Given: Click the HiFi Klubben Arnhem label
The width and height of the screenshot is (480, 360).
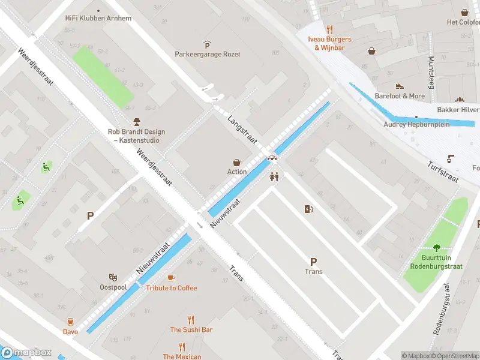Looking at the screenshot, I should (98, 18).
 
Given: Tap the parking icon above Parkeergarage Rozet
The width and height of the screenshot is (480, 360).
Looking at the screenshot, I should (207, 44).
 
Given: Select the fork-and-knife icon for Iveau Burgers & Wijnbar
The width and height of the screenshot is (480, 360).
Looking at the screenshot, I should (329, 29).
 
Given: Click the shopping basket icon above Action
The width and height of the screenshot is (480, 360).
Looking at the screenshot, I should (237, 162).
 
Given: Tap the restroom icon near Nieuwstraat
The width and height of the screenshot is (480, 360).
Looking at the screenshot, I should (275, 176).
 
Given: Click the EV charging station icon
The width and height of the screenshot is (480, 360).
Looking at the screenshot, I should (309, 209).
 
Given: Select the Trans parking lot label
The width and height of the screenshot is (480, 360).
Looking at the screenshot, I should (313, 271).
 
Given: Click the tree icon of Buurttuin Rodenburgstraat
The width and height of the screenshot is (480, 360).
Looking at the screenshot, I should (436, 248).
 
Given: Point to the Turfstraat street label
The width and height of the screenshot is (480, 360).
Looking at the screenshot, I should (443, 172).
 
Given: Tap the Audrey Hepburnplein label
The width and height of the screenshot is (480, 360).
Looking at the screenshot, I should (416, 125).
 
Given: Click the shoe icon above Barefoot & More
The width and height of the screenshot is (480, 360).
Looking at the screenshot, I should (400, 86).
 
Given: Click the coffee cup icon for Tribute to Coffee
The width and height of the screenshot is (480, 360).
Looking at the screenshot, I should (171, 278).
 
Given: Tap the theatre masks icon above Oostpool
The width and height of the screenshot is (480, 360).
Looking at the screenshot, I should (112, 277).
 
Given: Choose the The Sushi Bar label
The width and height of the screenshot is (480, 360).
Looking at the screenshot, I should (191, 329).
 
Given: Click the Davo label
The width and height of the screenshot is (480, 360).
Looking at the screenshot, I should (70, 331).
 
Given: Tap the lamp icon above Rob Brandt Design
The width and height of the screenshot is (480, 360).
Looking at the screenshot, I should (137, 122).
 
